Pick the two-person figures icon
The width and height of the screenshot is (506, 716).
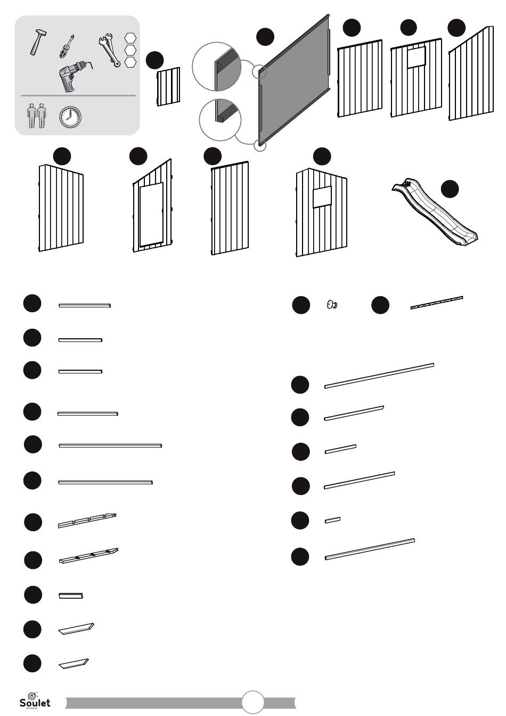coord(37,117)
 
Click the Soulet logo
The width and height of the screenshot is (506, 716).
coord(35,700)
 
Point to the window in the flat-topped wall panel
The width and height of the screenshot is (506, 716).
coord(417,57)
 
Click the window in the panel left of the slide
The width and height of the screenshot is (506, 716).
coord(322,197)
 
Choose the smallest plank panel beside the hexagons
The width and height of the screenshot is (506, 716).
coord(168,86)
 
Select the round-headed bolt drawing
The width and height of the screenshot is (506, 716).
coord(331,305)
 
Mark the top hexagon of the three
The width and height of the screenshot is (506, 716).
coord(130,38)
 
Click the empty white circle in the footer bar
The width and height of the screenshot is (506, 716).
coord(253,702)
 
